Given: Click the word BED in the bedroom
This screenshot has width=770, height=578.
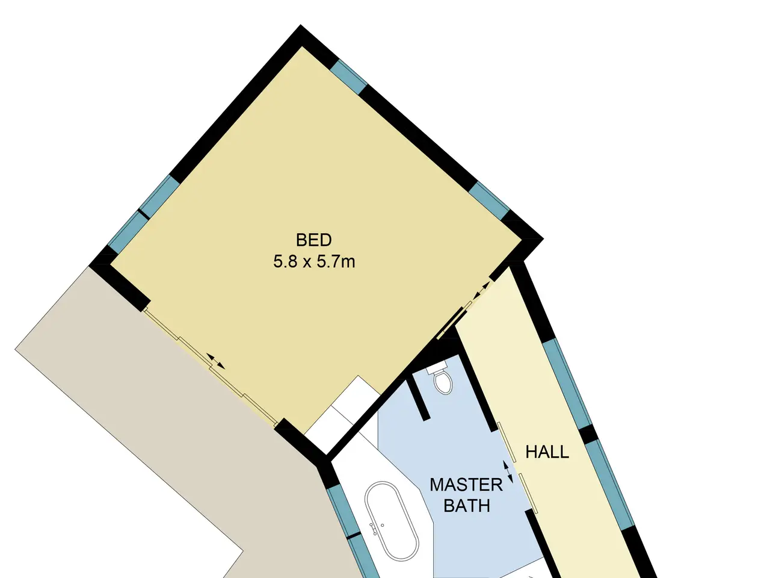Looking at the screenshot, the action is coord(313,240).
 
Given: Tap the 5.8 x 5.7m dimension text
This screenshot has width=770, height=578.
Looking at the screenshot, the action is coord(314,262).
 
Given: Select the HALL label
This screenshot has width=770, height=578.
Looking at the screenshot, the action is coord(547,452).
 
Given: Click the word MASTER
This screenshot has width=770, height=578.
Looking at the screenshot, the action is coord(466,485).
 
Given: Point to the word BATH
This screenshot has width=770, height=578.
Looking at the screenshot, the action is coord(467,506).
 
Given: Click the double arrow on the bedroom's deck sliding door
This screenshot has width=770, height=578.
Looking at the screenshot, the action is coord(216,361).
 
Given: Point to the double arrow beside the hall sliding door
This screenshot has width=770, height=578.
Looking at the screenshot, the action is coord(508,472).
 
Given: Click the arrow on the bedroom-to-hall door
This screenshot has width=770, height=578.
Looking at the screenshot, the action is coord(481,291).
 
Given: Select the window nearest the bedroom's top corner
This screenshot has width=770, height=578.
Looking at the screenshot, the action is coord(349,77).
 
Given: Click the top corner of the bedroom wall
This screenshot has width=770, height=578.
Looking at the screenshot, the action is coord(300,25).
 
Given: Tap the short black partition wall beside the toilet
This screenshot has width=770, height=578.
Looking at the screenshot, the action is coord(418,400).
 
